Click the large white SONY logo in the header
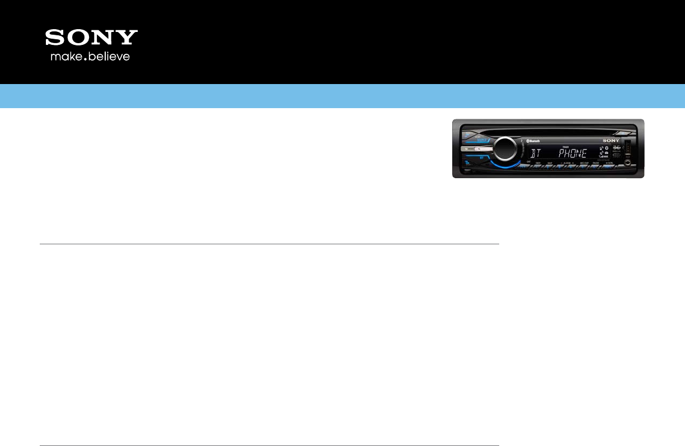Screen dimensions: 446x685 [x=91, y=38]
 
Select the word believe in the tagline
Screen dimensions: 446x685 [x=110, y=57]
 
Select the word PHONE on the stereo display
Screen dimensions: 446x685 [x=573, y=153]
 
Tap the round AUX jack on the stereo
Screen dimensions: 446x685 [x=627, y=162]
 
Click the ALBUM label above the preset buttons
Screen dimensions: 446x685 [x=565, y=162]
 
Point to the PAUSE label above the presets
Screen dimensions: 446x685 [x=595, y=162]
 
